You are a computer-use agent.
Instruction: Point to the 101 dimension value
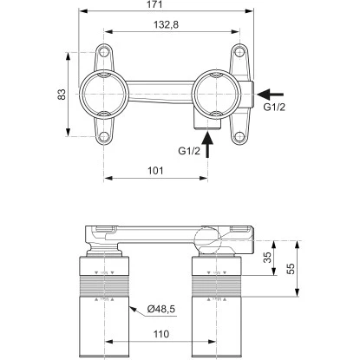pos(157,171)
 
